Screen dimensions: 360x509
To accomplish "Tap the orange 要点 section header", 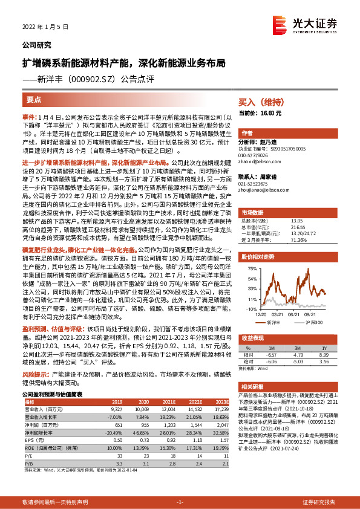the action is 34,100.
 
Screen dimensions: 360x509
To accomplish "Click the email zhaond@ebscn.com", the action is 259,160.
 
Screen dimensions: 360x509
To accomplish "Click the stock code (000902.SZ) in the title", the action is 91,78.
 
